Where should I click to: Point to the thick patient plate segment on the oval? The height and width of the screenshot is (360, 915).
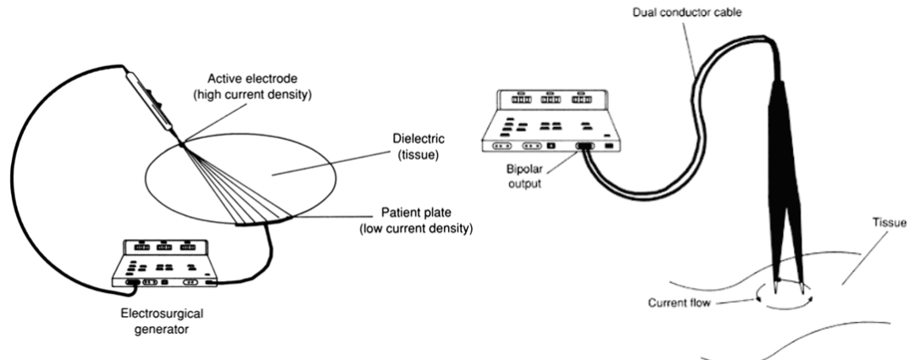point(263,223)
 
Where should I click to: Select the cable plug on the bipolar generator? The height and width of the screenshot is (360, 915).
point(585,147)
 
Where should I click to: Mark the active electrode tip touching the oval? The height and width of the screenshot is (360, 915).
point(181,145)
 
